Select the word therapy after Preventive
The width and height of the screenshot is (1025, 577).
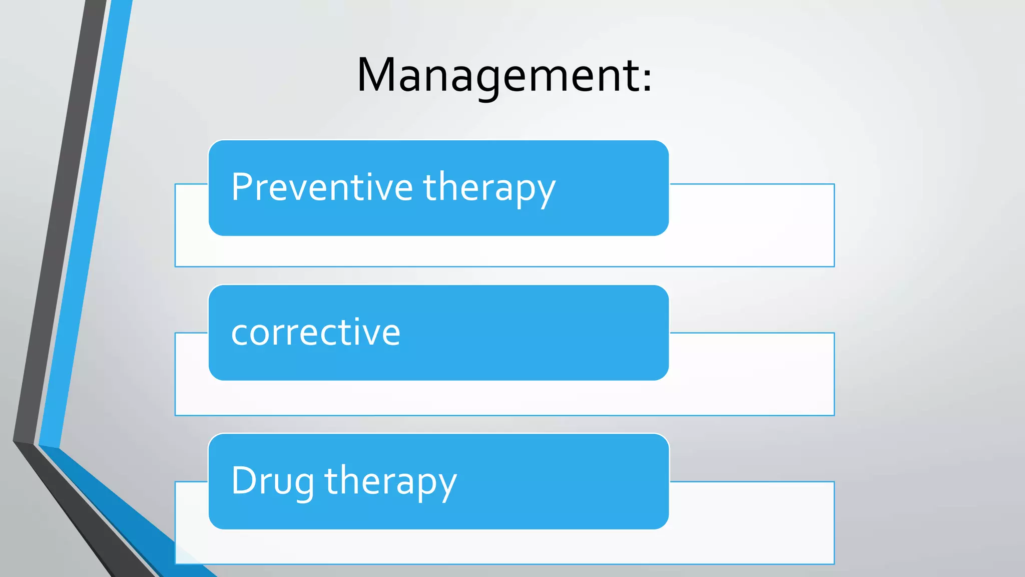click(489, 188)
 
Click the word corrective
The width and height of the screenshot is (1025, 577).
click(315, 333)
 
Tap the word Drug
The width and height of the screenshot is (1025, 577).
click(272, 481)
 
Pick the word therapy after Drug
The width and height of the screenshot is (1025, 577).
click(390, 482)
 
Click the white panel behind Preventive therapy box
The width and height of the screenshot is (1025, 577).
click(751, 225)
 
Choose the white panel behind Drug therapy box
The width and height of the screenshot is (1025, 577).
click(751, 523)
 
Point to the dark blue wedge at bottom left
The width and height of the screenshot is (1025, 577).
click(125, 511)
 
